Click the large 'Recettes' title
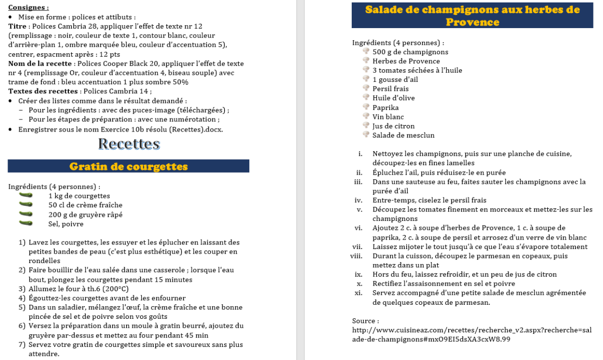point(129,144)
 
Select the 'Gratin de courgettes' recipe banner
point(129,166)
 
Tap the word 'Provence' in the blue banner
point(472,22)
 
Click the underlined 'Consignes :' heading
point(29,8)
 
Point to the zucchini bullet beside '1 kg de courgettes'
point(26,195)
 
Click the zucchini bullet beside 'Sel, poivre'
point(26,223)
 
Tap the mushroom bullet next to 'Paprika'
point(366,107)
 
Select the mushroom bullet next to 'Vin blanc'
point(366,116)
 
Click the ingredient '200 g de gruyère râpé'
point(85,214)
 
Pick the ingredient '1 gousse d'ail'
point(395,79)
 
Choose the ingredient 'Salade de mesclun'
point(403,135)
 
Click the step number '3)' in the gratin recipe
point(22,289)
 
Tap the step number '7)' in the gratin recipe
point(22,344)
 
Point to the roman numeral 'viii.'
point(356,256)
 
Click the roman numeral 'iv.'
point(358,200)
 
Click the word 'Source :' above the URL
point(365,320)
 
